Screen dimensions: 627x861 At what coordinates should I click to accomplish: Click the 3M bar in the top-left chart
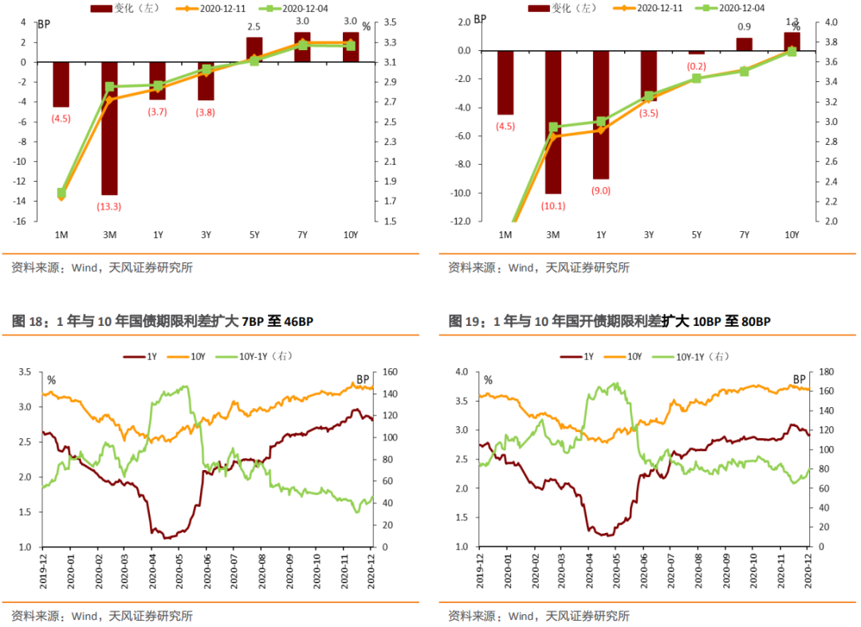(x=109, y=127)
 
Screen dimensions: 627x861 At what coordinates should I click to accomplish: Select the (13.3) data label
(x=109, y=206)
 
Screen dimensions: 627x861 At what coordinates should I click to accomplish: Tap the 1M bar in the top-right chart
(x=505, y=82)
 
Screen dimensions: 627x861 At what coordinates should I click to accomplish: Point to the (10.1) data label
(x=552, y=206)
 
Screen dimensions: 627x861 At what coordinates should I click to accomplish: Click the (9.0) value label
(x=601, y=190)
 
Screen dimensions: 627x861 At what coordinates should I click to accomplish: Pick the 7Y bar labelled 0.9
(x=744, y=44)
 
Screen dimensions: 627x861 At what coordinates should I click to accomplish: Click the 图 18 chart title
(x=163, y=322)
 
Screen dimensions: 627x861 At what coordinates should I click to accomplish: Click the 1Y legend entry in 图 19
(x=589, y=357)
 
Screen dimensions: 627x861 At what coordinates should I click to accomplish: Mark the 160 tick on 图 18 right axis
(x=391, y=372)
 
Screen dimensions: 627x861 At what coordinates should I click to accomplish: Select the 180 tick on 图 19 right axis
(x=826, y=372)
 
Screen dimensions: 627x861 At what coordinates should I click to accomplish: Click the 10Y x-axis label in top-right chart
(x=792, y=235)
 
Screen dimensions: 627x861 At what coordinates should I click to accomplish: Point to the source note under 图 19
(x=538, y=616)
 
